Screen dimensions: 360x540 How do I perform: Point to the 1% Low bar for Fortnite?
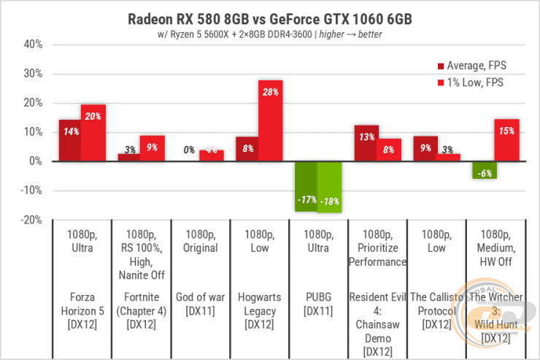[152, 148]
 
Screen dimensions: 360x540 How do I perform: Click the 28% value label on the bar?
[271, 91]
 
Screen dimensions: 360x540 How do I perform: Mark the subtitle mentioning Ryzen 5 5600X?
[271, 34]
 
